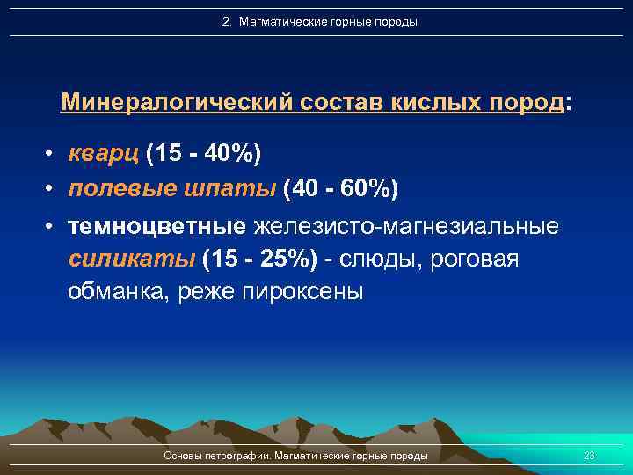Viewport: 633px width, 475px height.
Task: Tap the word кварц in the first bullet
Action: click(x=104, y=155)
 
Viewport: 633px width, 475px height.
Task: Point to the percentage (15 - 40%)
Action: click(x=204, y=155)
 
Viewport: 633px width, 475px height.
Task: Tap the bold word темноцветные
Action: click(x=158, y=228)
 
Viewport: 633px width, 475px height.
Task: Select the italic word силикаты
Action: click(x=132, y=260)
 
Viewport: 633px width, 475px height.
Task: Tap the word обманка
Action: click(x=119, y=292)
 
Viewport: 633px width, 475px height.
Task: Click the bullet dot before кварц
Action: click(x=53, y=156)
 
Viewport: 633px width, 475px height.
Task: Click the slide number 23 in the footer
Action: click(x=589, y=456)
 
